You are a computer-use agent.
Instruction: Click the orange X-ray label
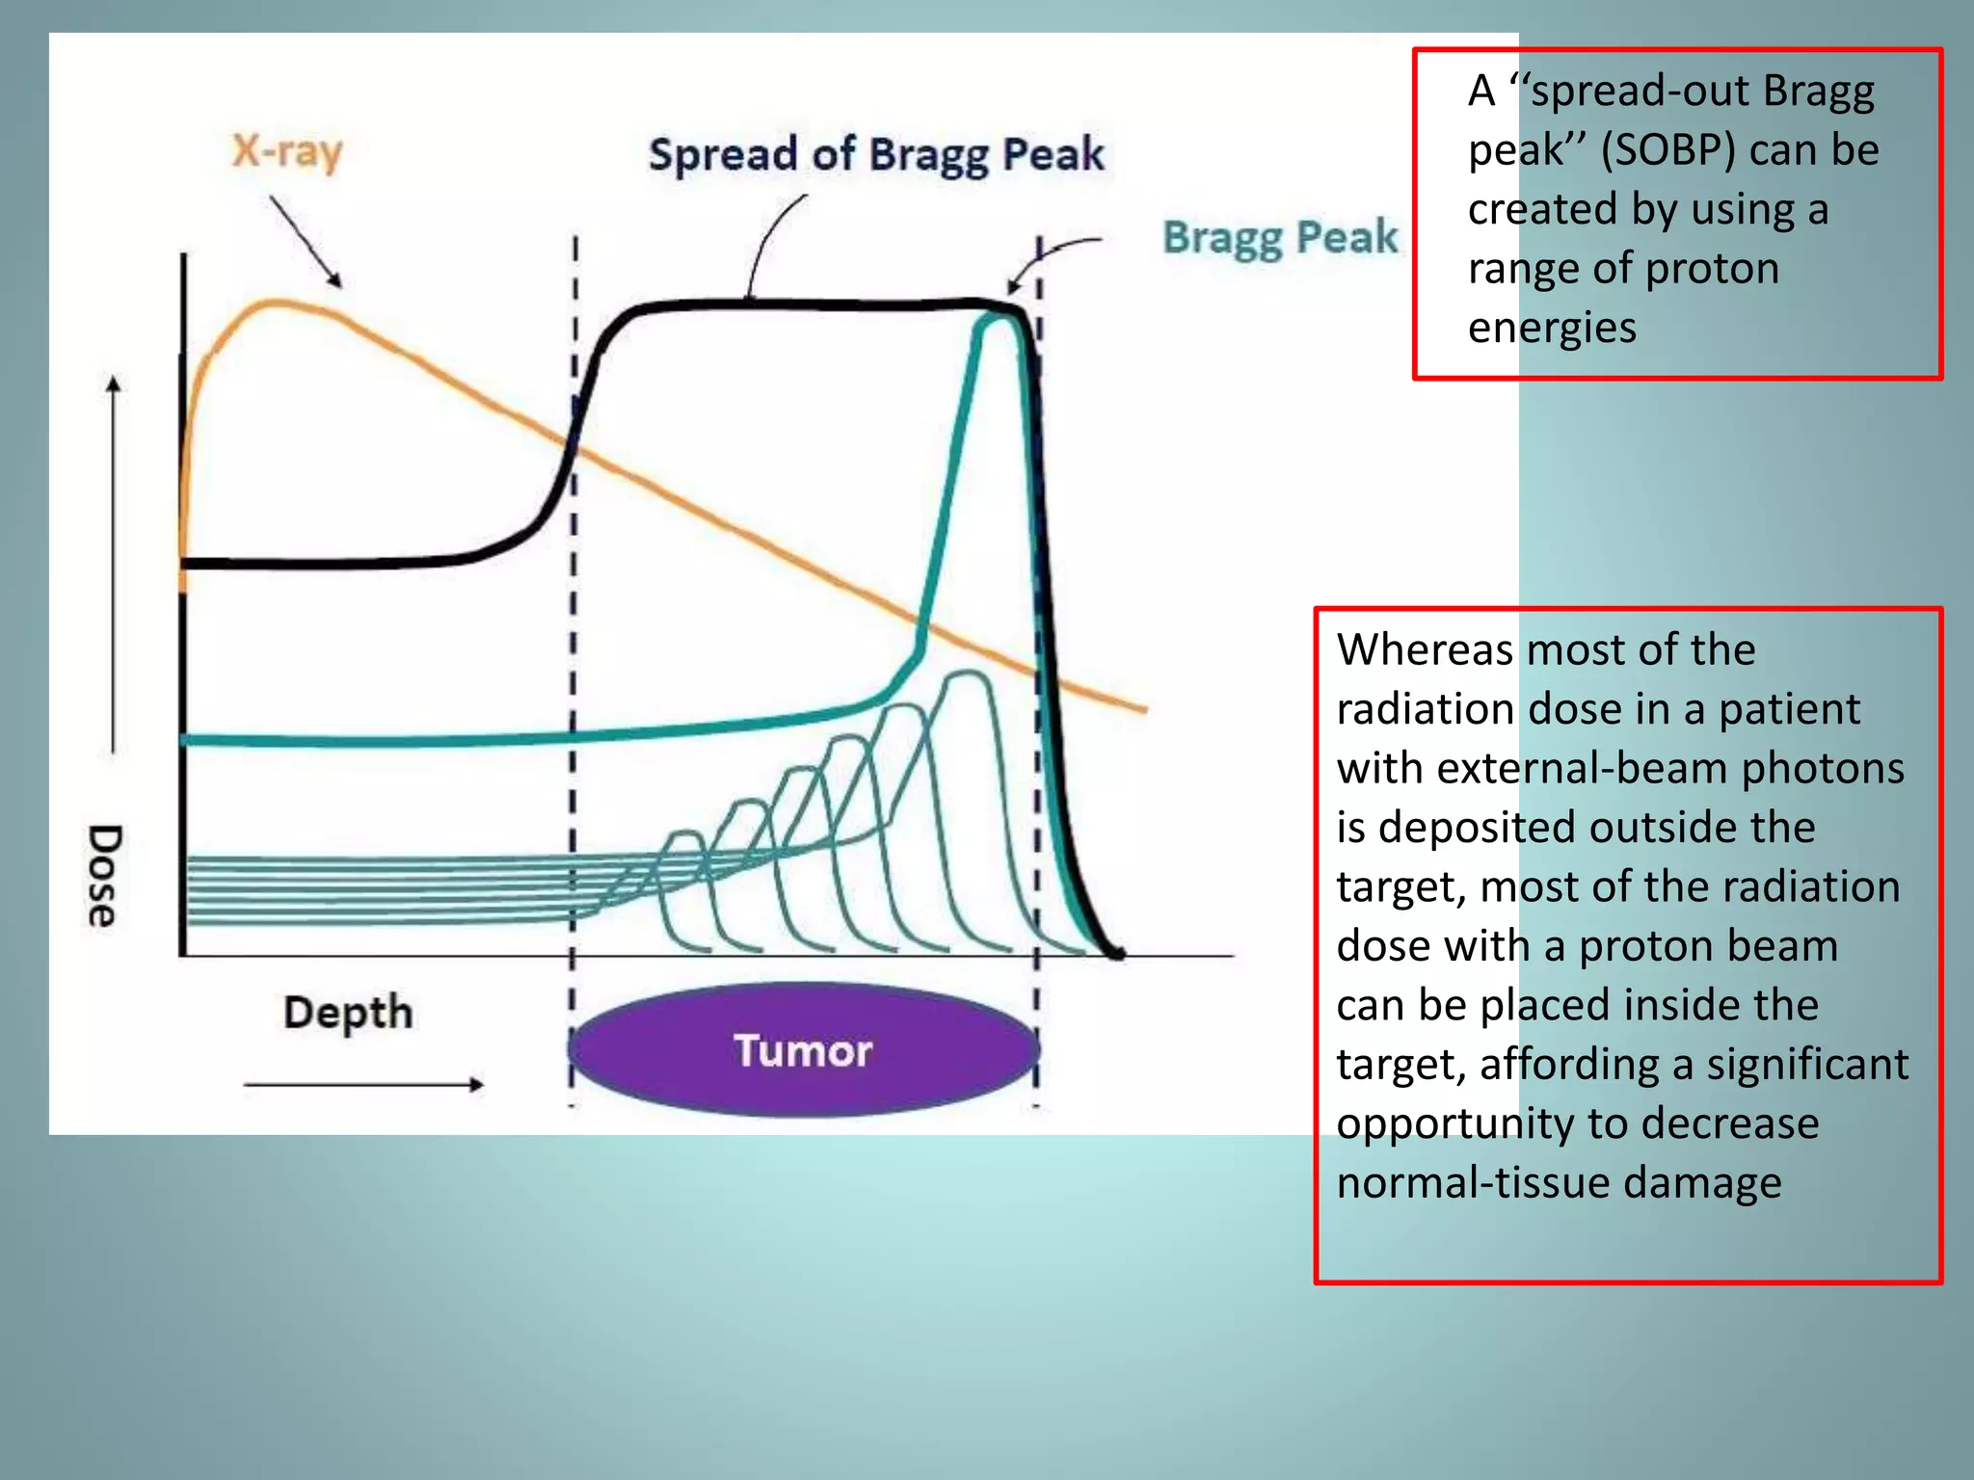click(287, 152)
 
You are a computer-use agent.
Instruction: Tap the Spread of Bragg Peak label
click(875, 155)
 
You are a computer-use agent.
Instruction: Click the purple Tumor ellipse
click(803, 1049)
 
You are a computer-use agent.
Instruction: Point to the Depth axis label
click(348, 1013)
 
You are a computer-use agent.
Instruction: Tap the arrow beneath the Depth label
click(363, 1085)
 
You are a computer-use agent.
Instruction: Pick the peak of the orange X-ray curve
click(275, 304)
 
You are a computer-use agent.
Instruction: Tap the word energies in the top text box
click(1552, 328)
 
